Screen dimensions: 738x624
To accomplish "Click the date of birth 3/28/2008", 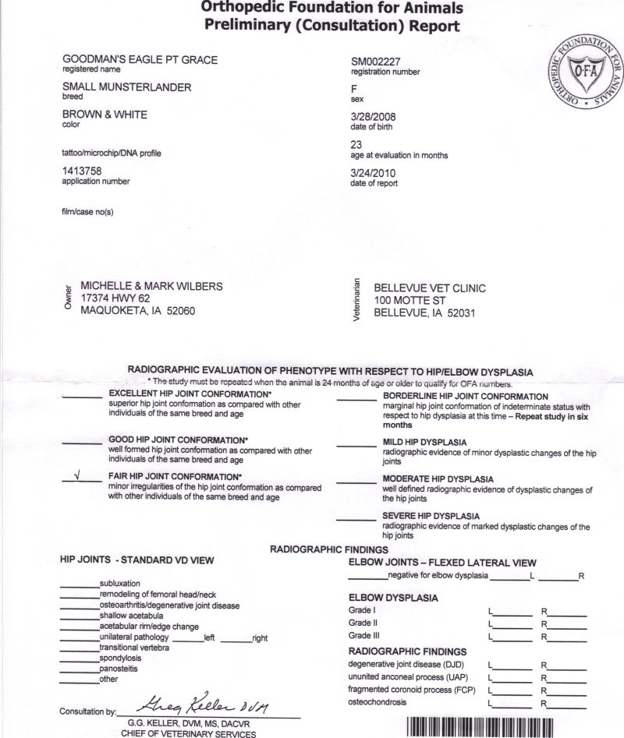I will [x=375, y=115].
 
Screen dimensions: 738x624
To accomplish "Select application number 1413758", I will [x=82, y=170].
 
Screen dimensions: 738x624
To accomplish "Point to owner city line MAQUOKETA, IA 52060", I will [x=138, y=311].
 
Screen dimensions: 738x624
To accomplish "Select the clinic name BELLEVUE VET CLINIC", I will [x=430, y=288].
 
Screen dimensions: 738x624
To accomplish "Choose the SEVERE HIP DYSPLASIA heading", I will [x=431, y=517].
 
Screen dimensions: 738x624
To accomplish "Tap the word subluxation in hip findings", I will [x=120, y=584].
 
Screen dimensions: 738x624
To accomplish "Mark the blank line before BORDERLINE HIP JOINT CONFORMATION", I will [x=356, y=399].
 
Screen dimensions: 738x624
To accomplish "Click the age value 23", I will [x=358, y=144].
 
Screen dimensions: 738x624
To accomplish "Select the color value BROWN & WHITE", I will [x=105, y=115].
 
